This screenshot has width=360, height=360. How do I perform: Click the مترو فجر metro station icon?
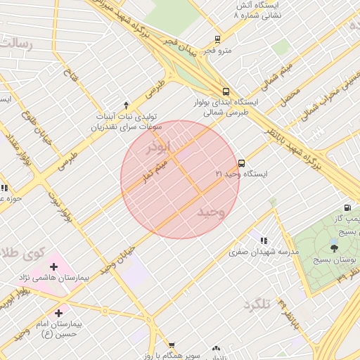217,39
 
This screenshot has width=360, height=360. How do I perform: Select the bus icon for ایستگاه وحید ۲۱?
241,163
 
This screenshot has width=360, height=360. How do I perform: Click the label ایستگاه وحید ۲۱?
241,174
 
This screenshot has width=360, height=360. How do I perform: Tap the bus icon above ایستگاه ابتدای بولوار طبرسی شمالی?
226,91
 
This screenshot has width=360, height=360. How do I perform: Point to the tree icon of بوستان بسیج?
334,247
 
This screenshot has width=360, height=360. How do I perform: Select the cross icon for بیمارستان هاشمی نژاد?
53,266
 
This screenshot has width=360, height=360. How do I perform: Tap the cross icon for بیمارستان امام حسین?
58,313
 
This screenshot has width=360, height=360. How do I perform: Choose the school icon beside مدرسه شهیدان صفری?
264,240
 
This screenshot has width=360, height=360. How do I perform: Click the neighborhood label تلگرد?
257,305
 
